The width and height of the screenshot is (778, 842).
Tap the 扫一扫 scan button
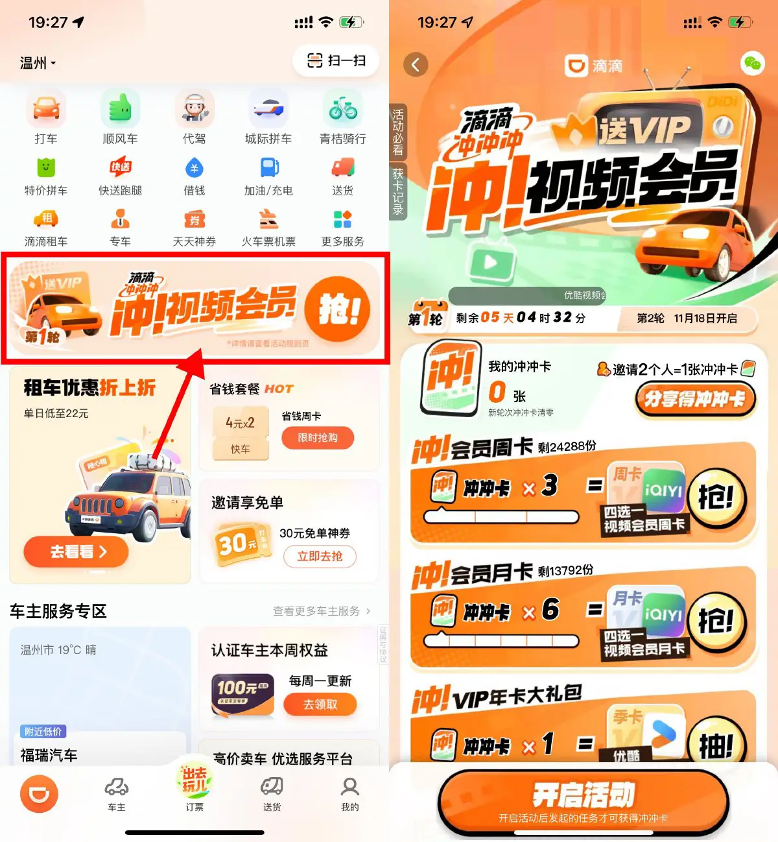click(x=336, y=61)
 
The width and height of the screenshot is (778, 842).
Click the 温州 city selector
click(x=38, y=63)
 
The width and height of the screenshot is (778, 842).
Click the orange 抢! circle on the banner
click(x=337, y=309)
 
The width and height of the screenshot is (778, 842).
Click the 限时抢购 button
click(x=318, y=438)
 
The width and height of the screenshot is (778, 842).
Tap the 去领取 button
click(x=320, y=704)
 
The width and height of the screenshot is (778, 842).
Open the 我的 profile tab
click(x=350, y=793)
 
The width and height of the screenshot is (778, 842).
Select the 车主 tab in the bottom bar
click(x=117, y=793)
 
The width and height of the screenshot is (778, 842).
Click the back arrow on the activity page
click(x=416, y=64)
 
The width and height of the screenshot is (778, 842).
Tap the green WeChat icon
click(x=752, y=63)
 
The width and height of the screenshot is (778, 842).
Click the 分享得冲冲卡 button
click(x=694, y=399)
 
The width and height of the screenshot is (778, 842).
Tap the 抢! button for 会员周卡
click(x=716, y=498)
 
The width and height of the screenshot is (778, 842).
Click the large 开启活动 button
click(x=583, y=801)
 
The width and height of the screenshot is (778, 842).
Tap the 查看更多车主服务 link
click(x=322, y=611)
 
